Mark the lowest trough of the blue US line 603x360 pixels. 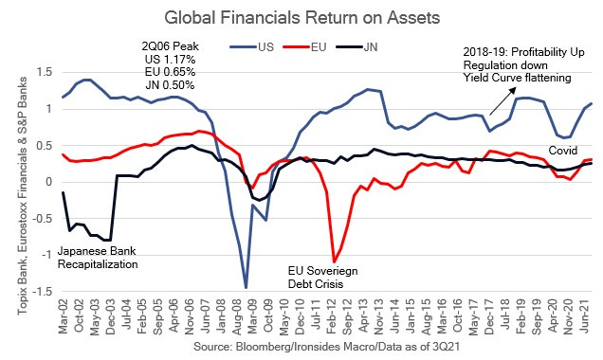click(247, 287)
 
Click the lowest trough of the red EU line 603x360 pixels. click(335, 261)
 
